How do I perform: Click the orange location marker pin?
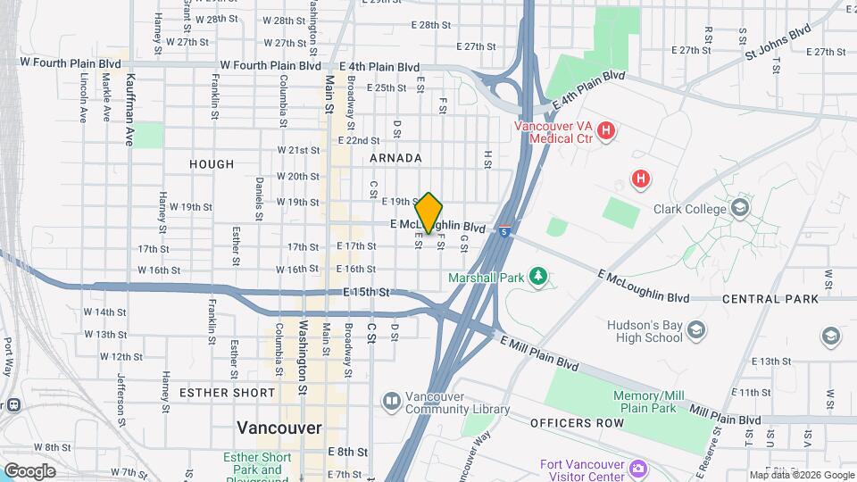point(429,213)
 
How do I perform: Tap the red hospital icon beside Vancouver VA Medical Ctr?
point(606,132)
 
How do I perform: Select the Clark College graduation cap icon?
point(739,208)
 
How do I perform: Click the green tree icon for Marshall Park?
point(537,277)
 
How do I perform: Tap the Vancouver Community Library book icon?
point(391,403)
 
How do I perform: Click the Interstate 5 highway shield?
point(504,231)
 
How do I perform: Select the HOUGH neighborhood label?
point(212,164)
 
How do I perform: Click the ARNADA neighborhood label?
point(395,158)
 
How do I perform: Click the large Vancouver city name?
point(279,428)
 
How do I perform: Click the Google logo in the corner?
point(29,470)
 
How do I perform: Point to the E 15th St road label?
point(367,292)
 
